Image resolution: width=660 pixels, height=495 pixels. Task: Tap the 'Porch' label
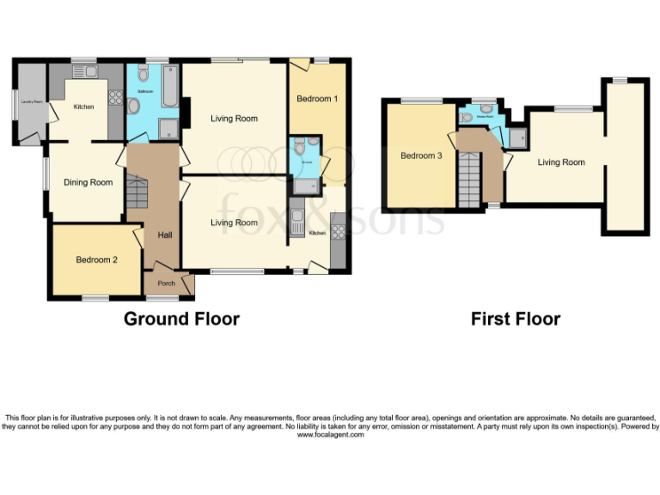[166, 284]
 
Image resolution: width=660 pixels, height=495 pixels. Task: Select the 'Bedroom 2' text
[95, 260]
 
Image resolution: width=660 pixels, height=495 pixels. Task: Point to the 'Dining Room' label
[89, 182]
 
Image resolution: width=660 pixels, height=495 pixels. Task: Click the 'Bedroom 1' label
[317, 99]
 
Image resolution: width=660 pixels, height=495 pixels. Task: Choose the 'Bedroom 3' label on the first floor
[421, 156]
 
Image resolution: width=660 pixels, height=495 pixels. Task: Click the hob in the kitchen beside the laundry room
[115, 97]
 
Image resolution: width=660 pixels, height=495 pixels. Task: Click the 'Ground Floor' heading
[181, 319]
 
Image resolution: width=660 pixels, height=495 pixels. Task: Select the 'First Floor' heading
[515, 319]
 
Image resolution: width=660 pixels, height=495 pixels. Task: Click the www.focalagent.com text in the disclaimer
[330, 435]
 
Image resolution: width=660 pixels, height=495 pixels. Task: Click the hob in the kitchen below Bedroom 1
[338, 230]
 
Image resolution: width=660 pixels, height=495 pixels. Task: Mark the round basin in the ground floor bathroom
[134, 105]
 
